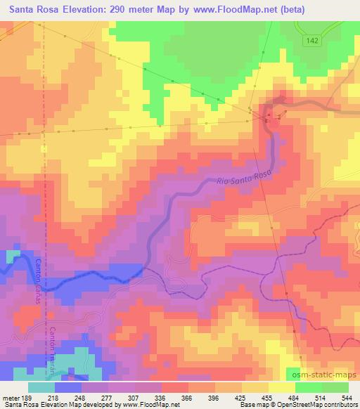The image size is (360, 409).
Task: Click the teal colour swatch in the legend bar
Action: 41,387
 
